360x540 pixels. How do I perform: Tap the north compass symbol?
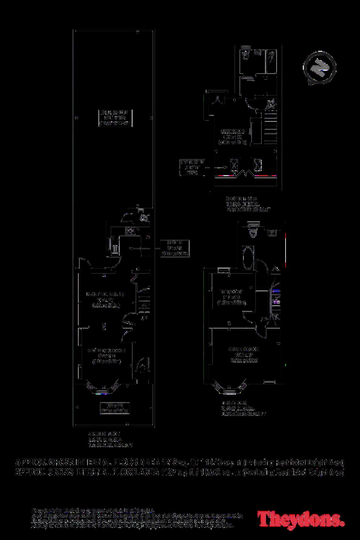click(320, 68)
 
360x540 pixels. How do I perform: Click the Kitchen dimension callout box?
click(175, 248)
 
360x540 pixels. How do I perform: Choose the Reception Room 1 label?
click(106, 356)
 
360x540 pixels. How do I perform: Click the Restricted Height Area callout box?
click(192, 167)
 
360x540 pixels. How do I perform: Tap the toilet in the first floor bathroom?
click(253, 232)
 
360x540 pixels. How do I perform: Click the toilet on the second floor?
click(245, 54)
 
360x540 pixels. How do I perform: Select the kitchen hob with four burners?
click(131, 231)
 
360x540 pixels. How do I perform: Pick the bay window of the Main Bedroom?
click(229, 388)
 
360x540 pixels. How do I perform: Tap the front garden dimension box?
click(115, 408)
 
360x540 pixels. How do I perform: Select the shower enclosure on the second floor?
click(272, 59)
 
